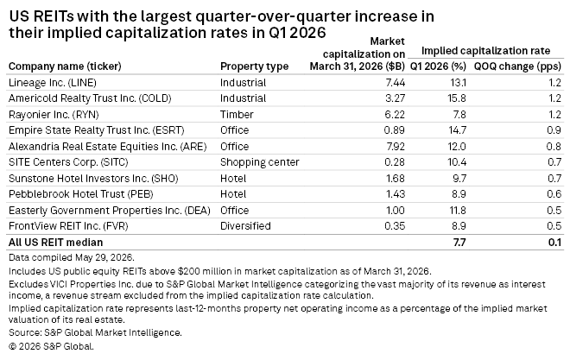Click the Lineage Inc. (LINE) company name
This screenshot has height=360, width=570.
tap(53, 83)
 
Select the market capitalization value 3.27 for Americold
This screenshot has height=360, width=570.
tap(395, 98)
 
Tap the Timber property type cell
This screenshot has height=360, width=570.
tap(237, 115)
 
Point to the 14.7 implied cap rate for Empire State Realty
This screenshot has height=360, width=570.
tap(457, 130)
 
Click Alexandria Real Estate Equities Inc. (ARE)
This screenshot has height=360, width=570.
tap(108, 147)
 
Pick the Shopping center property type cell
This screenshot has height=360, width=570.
tap(260, 162)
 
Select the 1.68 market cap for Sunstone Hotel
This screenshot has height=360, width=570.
tap(396, 179)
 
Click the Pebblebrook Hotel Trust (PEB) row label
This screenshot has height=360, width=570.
tap(80, 194)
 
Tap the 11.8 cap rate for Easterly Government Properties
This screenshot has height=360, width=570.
tap(458, 211)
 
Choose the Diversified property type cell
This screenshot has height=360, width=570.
tap(245, 226)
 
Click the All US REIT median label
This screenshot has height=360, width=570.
tap(55, 243)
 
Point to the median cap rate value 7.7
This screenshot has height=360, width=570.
tap(459, 243)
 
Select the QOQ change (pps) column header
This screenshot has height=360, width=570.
tap(517, 66)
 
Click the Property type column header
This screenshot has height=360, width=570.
tap(254, 66)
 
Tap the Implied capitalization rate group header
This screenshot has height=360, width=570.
tap(485, 50)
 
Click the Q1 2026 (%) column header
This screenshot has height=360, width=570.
tap(438, 66)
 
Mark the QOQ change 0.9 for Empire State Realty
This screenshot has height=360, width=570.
tap(554, 130)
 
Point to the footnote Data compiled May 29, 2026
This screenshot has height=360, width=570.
tap(72, 257)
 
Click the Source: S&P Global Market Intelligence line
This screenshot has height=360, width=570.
tap(95, 332)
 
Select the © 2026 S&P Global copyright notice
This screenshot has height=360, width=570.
tap(51, 346)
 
